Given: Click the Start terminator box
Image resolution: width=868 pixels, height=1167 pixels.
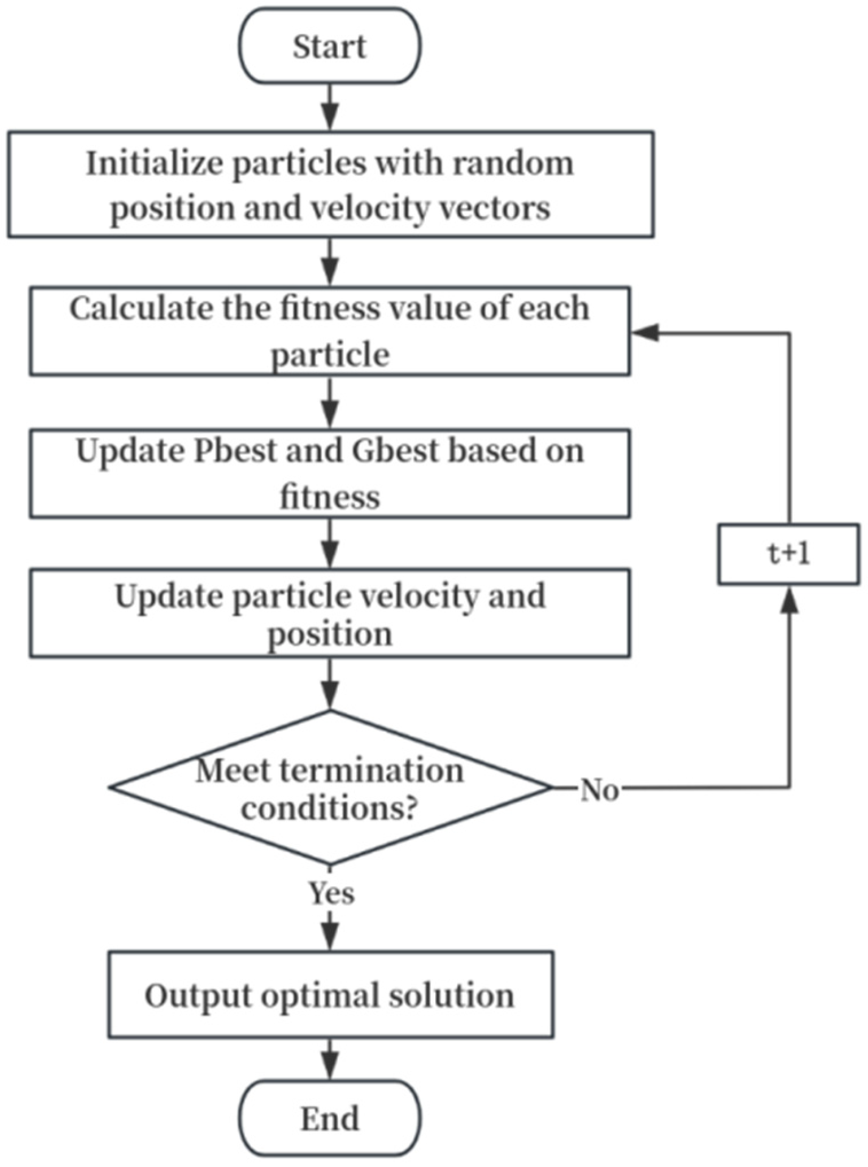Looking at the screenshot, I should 329,46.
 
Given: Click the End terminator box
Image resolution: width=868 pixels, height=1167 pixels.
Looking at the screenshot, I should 329,1118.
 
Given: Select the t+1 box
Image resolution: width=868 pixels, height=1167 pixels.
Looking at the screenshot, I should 788,554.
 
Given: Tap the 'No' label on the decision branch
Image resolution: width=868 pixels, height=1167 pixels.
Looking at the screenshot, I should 600,790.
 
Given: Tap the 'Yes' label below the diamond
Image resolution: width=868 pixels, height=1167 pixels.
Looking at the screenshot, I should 331,893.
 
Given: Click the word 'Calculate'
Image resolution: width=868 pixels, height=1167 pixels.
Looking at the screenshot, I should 139,309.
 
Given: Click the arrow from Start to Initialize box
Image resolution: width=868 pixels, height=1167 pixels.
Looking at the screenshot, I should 329,107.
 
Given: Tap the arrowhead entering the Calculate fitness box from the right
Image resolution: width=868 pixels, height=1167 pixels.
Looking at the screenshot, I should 645,332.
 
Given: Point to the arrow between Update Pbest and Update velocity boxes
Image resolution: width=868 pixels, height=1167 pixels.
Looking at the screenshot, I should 329,544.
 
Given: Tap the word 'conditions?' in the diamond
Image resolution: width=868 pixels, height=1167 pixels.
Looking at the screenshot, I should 329,808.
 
